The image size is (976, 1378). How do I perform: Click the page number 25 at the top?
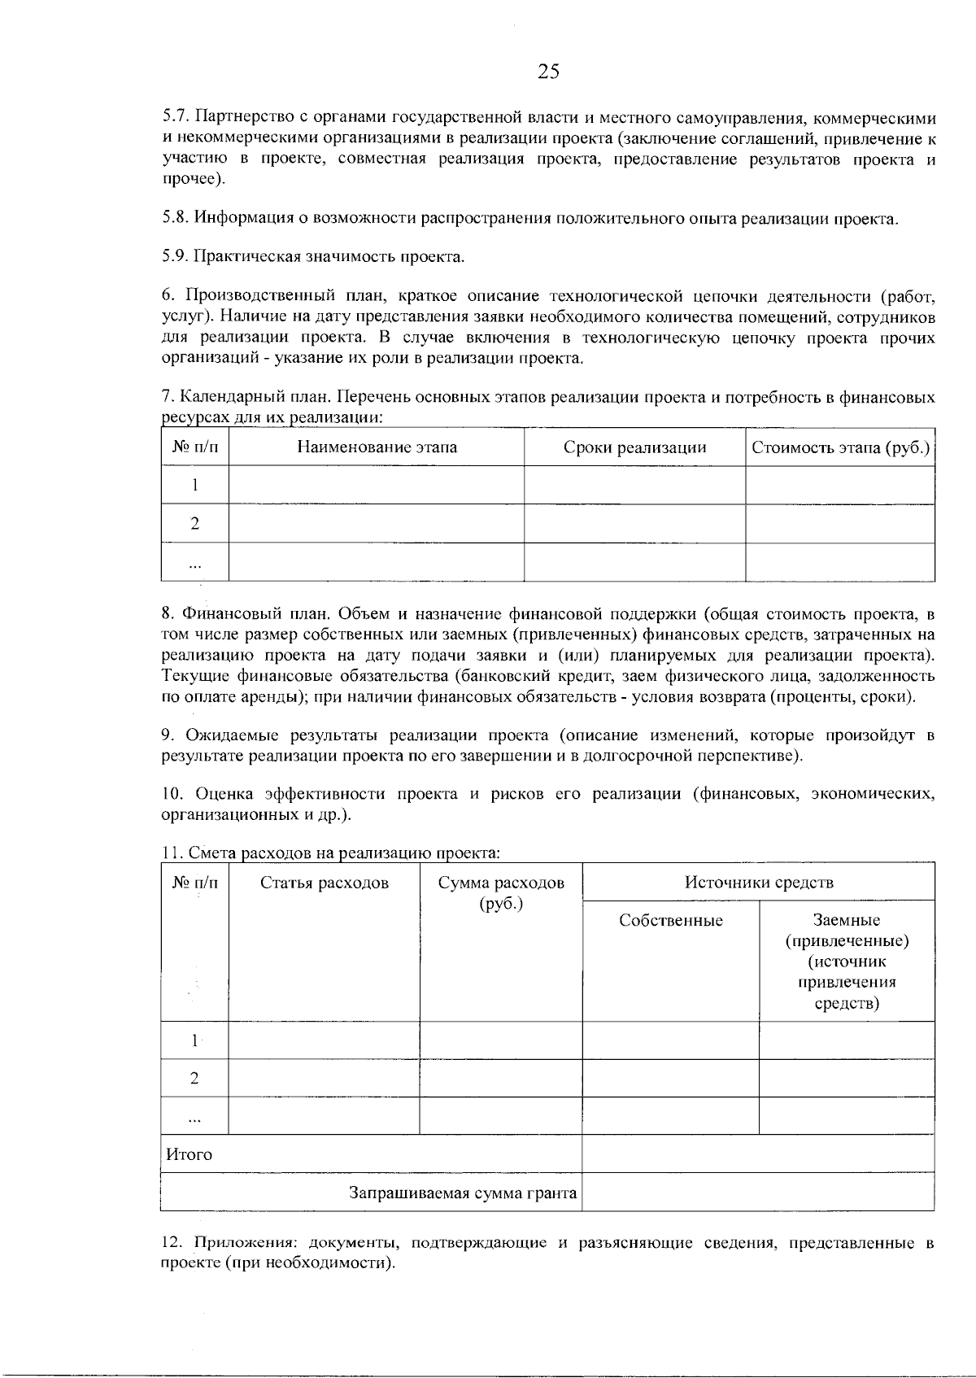(x=548, y=72)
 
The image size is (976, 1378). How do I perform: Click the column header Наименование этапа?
(x=377, y=447)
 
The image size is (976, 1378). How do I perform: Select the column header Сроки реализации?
(x=634, y=447)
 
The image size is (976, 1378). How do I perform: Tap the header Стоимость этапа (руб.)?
(x=840, y=447)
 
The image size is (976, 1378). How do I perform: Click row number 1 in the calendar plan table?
(x=195, y=485)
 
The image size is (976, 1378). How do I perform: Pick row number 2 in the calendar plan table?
(x=195, y=523)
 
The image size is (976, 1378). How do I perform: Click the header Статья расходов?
(x=324, y=883)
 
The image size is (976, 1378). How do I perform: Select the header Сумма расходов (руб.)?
(x=500, y=892)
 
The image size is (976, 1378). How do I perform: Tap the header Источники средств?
(x=758, y=882)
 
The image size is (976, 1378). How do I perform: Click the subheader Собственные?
(x=670, y=920)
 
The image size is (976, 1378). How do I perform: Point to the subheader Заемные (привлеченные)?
(x=847, y=931)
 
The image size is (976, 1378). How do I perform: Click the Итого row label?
(x=189, y=1153)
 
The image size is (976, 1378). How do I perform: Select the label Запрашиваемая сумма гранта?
(x=463, y=1193)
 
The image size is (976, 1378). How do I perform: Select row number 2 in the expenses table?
(x=194, y=1079)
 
